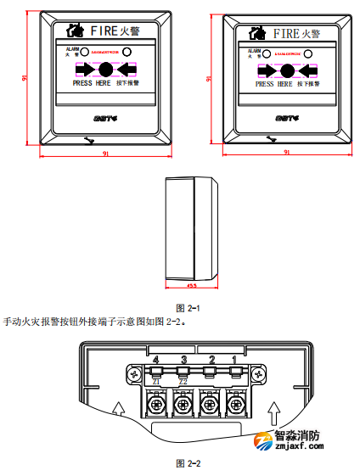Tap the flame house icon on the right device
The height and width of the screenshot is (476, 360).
255,33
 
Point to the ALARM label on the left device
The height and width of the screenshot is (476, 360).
72,50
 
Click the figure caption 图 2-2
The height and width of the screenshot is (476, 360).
187,463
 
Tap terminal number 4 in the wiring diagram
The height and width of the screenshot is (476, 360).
155,361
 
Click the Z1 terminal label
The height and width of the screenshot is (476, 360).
155,382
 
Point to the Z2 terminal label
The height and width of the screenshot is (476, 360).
183,382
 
